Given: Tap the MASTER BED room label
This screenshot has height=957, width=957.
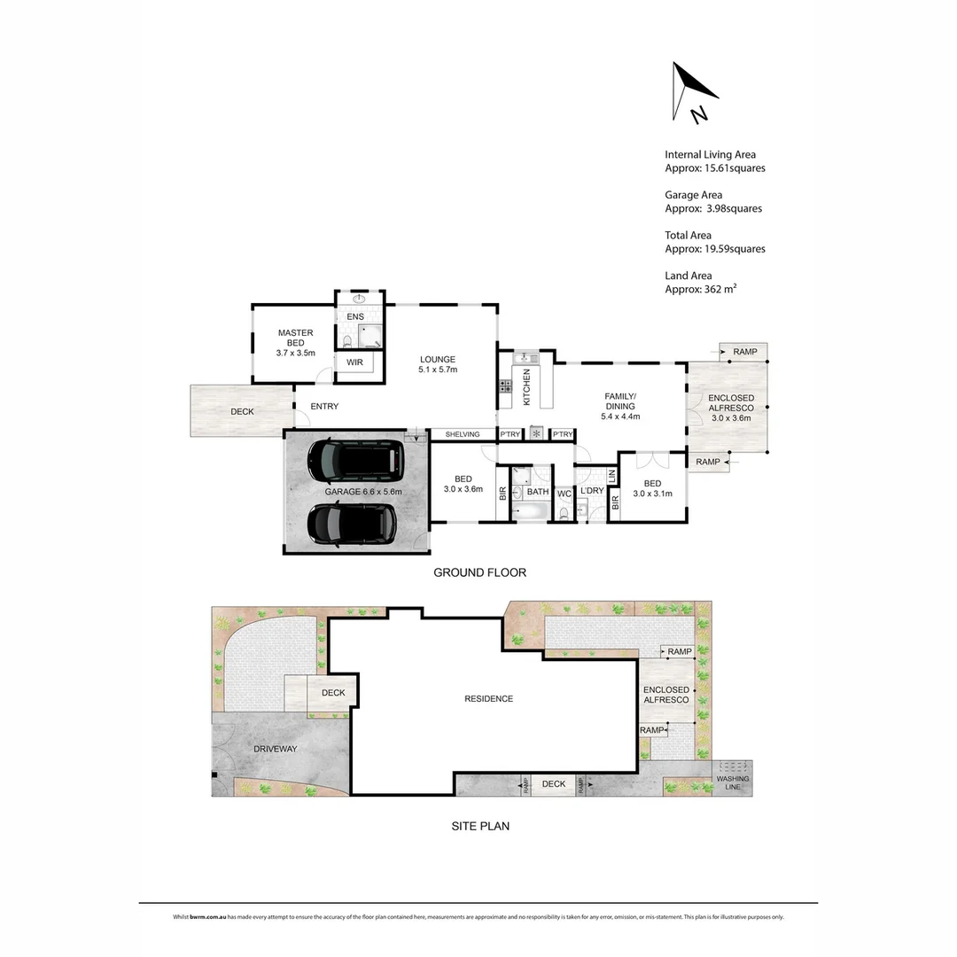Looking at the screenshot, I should point(295,343).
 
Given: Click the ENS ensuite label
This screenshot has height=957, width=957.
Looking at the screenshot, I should point(355,316).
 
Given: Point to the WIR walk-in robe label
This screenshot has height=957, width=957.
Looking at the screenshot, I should point(354,362).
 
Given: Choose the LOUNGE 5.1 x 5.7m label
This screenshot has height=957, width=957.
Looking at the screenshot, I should point(437,364).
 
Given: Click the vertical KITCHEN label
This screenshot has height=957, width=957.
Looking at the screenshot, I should point(526,387).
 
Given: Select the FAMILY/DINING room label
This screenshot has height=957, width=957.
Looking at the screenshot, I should point(620,406).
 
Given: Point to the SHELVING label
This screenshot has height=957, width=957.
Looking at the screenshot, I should point(463,434).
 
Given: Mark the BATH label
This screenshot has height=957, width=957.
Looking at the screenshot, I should point(538,492).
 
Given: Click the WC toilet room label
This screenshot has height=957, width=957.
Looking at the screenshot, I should point(564,494).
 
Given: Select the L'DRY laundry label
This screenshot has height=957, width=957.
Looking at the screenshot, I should point(592,490).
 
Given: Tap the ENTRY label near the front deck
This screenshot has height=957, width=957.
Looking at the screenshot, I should point(323,407).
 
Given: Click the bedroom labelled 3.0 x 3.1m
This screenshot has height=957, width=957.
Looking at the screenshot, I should point(652,488).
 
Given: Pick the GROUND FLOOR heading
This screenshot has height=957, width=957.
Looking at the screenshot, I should point(479,572).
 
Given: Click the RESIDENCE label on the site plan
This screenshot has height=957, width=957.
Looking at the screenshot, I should point(488,699).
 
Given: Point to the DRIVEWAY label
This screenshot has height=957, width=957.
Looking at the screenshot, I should point(275,749).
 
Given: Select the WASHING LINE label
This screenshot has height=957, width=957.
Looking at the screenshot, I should point(733,783).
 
